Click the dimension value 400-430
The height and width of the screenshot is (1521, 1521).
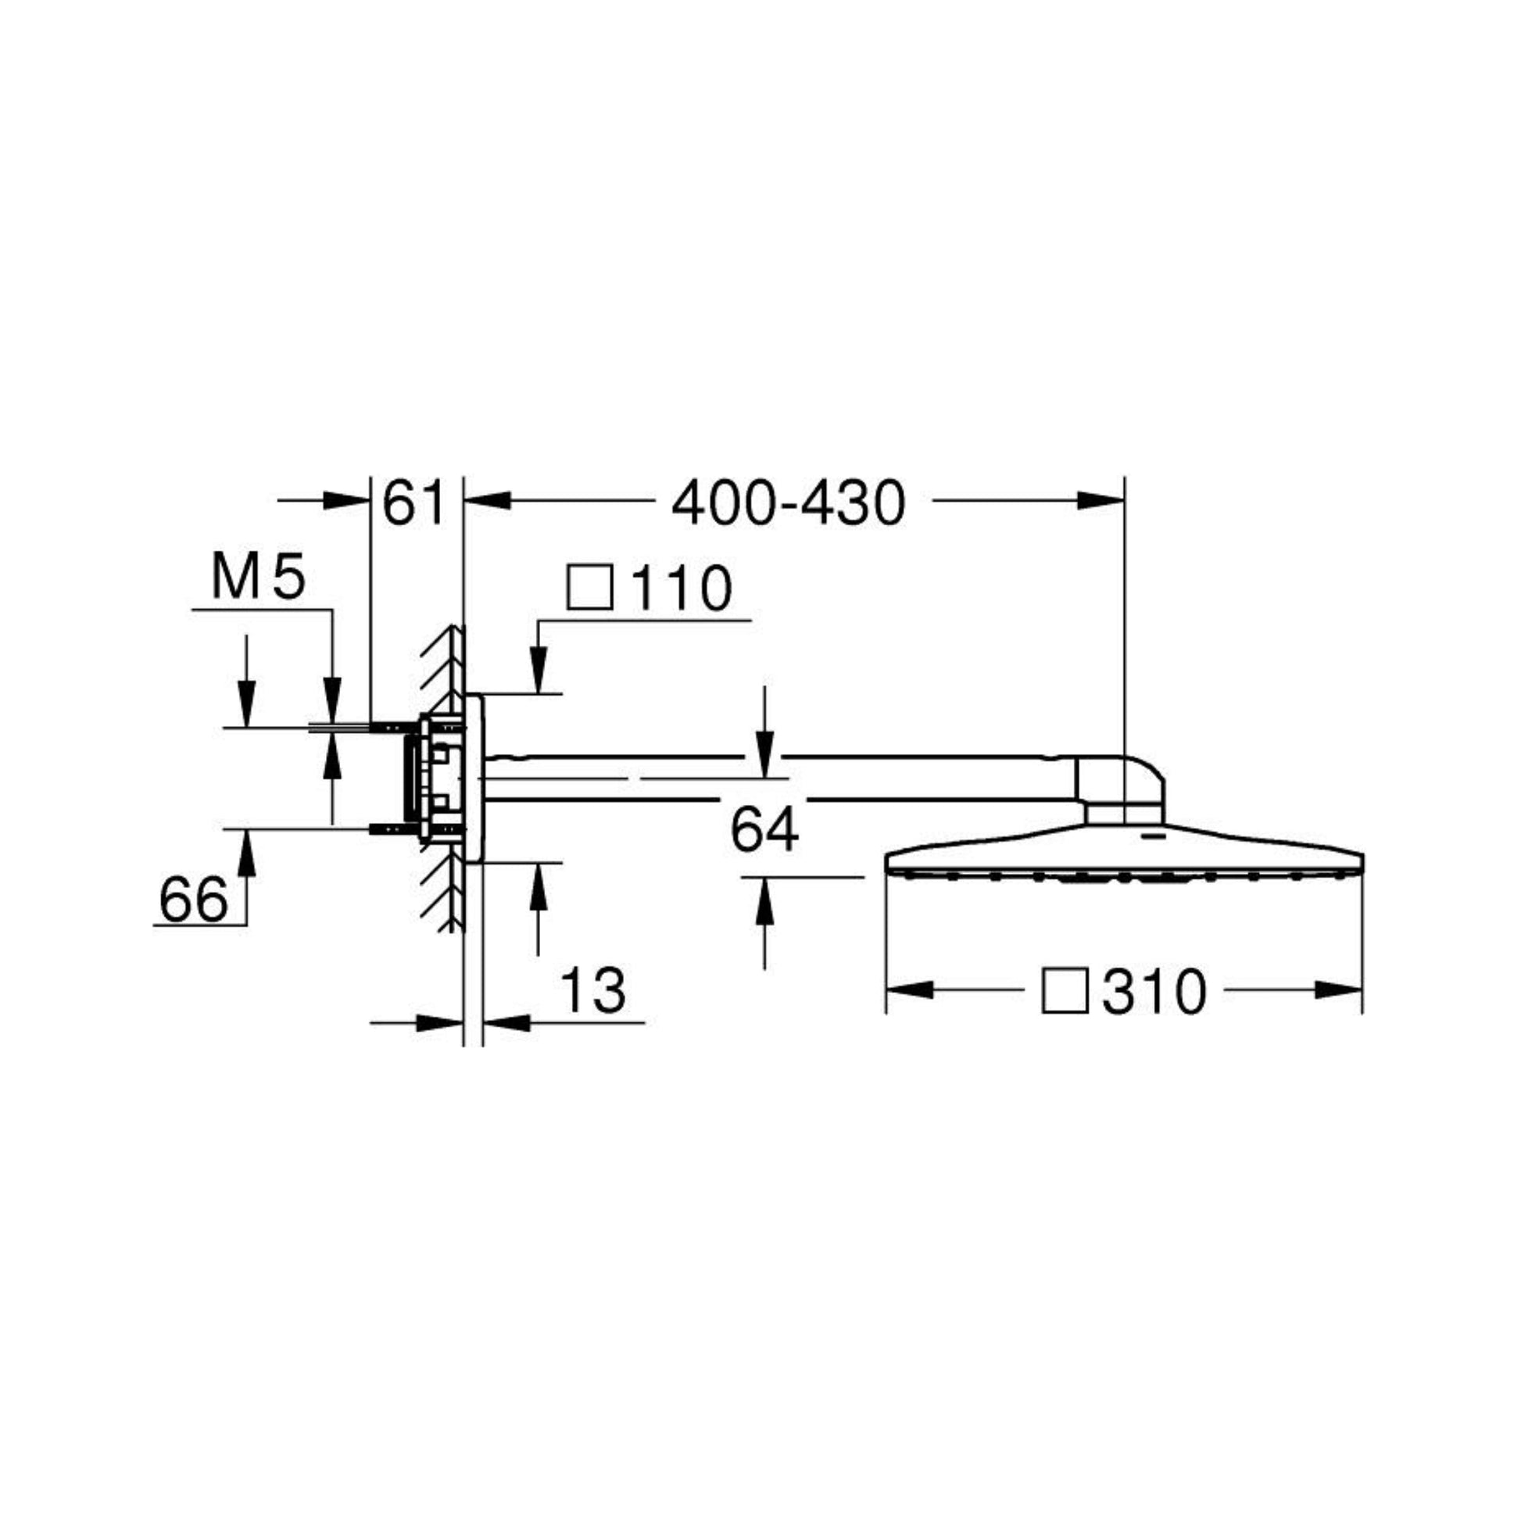(788, 504)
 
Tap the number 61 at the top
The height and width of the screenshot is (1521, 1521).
(413, 504)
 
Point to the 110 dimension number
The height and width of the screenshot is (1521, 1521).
(682, 588)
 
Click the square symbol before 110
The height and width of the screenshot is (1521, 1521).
(589, 586)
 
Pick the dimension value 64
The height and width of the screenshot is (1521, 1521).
(764, 831)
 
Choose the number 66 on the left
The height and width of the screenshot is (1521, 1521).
(194, 900)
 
